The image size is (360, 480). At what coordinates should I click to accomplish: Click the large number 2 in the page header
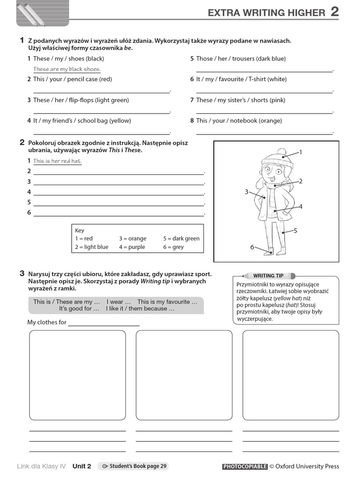click(335, 12)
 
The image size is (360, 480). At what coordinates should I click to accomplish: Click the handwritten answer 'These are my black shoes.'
click(67, 69)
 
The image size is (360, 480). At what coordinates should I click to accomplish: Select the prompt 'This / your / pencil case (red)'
click(73, 79)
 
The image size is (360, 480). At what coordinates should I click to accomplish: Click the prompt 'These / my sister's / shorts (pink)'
click(240, 100)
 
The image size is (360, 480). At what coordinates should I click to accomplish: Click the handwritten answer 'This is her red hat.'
click(57, 161)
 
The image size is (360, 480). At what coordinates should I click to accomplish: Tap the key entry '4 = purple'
click(132, 247)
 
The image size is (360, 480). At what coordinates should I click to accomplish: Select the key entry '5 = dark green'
click(181, 239)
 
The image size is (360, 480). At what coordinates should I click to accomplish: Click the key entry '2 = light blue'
click(91, 247)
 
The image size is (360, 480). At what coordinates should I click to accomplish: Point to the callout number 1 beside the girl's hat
click(300, 152)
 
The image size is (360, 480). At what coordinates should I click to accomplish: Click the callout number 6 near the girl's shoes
click(252, 247)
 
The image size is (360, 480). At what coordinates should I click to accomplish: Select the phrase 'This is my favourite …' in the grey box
click(167, 302)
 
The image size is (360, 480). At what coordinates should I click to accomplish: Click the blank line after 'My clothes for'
click(104, 323)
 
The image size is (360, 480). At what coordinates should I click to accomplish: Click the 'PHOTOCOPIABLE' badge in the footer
click(245, 466)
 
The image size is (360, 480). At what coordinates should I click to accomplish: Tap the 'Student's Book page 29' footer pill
click(133, 466)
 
